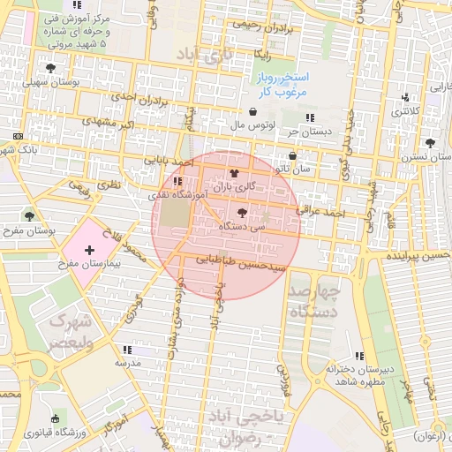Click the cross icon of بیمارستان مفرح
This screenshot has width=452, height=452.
pos(88,251)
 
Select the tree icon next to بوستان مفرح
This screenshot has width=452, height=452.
pos(30,215)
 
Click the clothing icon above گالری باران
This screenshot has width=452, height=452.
pos(234,173)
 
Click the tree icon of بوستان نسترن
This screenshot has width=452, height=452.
pos(430,143)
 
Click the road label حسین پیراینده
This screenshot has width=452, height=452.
pos(417,255)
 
